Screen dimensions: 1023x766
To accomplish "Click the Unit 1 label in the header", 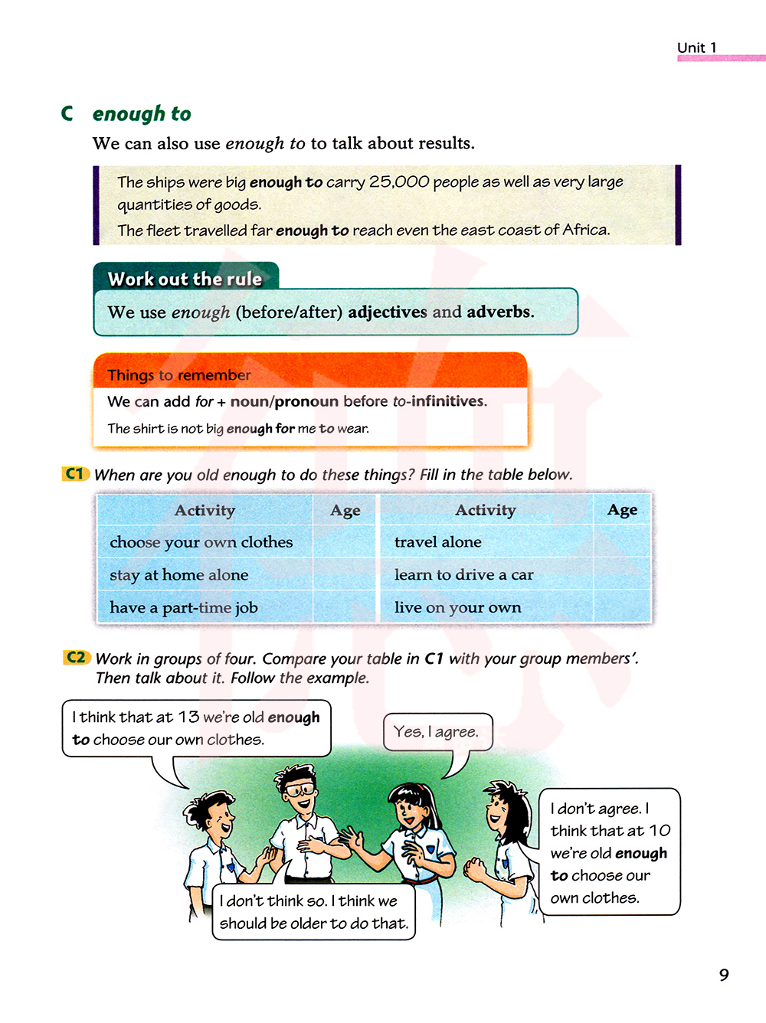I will point(697,47).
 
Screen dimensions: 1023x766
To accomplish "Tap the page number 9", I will point(724,975).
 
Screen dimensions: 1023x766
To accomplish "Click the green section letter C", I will point(67,113).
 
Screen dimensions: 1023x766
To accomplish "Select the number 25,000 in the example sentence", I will point(399,182).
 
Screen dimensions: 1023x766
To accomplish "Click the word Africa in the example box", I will point(585,230).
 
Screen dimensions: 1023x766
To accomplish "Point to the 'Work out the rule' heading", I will point(185,279).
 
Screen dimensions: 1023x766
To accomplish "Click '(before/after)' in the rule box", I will point(289,312).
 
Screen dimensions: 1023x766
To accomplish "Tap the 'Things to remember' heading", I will point(178,375).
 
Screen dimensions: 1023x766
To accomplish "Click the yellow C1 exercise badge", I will point(75,474).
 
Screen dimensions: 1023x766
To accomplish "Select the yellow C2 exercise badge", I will point(77,658).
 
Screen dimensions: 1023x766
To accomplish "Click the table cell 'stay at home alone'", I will point(179,575).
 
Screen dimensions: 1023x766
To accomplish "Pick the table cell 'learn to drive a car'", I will point(463,575).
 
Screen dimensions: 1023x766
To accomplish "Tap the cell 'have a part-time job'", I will point(184,608).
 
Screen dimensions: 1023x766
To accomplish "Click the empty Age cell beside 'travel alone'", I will point(622,542).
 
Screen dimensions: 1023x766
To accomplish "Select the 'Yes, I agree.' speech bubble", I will point(436,732).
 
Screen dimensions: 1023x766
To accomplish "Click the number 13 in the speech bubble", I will point(188,717).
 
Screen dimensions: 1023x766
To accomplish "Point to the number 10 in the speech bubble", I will point(660,831).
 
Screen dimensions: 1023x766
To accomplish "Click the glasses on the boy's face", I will point(298,789).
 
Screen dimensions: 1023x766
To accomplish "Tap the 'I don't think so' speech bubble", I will point(313,912).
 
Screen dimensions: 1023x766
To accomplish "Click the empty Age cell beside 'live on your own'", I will point(622,608).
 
